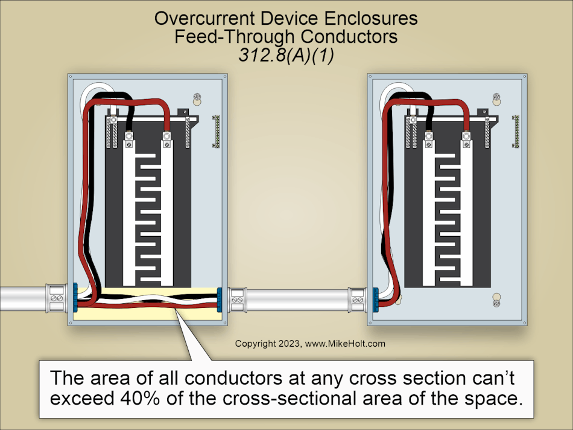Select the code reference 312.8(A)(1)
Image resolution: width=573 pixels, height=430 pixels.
[286, 54]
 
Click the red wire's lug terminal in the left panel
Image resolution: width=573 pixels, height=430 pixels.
[165, 143]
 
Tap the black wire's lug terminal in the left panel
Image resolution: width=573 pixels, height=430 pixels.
[128, 143]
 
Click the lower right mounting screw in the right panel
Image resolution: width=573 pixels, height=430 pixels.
[496, 298]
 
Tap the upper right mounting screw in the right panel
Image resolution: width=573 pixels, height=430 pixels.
[496, 97]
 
